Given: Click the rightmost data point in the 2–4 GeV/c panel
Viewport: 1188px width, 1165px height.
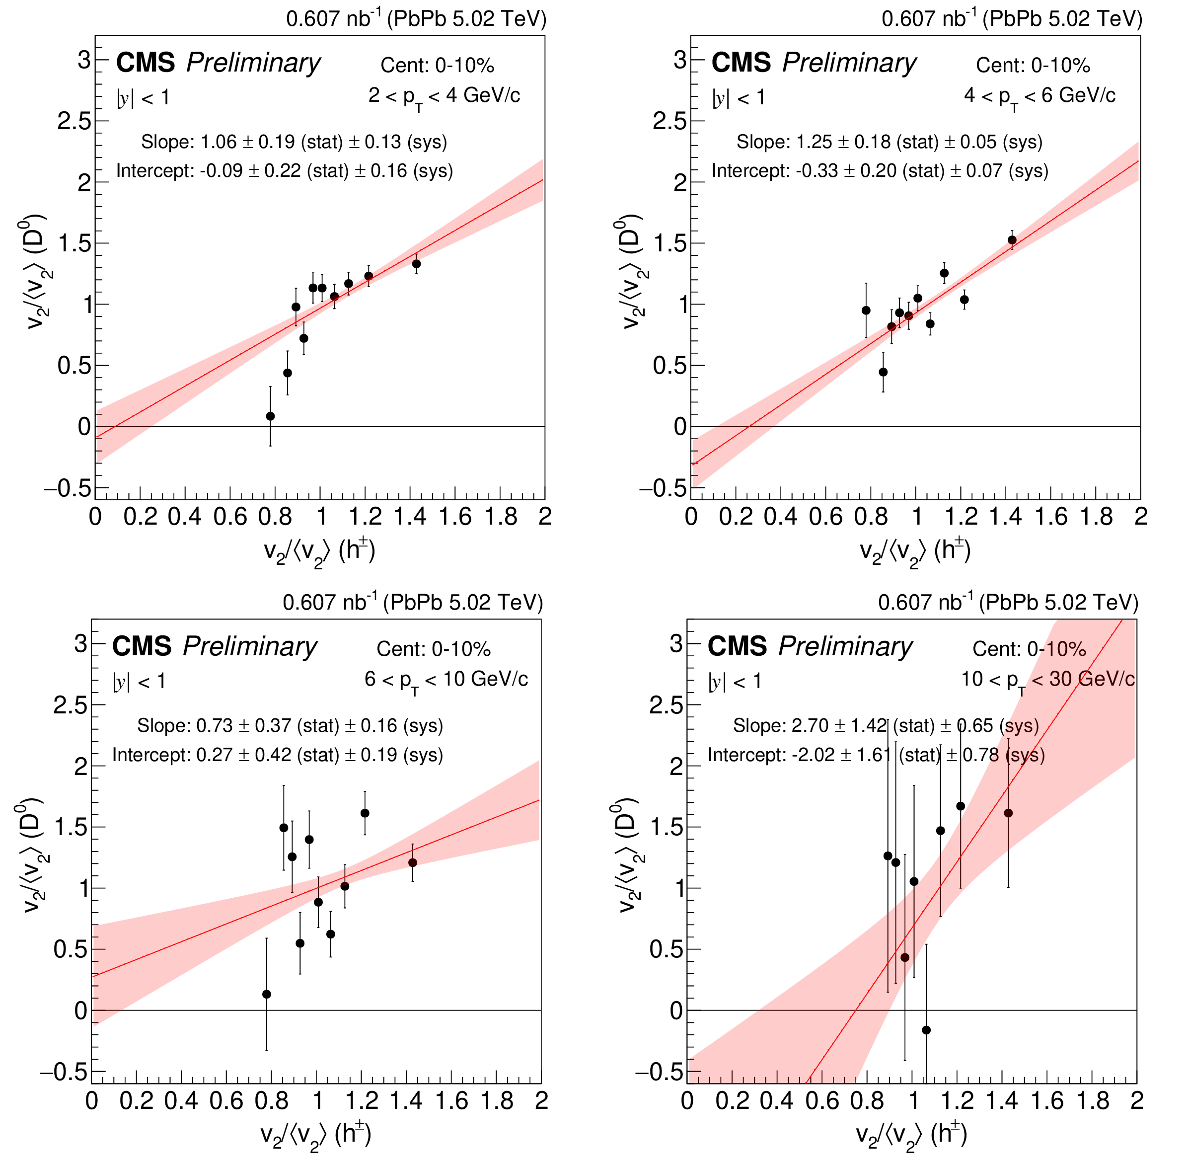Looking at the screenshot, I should coord(416,264).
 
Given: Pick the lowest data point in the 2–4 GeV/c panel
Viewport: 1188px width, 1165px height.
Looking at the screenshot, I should coord(270,416).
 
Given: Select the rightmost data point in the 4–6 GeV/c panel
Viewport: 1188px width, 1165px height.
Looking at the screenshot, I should coord(1012,240).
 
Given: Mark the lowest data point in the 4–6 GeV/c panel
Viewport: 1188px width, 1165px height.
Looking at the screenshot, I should coord(883,372).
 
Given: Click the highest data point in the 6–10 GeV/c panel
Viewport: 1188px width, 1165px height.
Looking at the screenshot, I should coord(365,813).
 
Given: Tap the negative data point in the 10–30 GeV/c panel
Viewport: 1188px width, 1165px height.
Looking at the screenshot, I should coord(926,1030).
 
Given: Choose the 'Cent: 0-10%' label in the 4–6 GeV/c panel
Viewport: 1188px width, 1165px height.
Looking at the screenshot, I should coord(1033,66).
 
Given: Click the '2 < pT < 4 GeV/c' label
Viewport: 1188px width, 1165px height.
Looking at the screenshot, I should coord(444,96).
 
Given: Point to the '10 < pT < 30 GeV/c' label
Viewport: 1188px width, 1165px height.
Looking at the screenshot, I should coord(1047,680).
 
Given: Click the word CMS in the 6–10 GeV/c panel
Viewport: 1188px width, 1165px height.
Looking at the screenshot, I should coord(142,647).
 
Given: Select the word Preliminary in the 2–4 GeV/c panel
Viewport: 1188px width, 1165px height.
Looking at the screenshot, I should coord(253,63).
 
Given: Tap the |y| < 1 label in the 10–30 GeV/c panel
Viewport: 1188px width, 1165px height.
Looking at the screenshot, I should coord(735,682).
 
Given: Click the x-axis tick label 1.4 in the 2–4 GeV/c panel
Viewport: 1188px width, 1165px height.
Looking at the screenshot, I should coord(410,517).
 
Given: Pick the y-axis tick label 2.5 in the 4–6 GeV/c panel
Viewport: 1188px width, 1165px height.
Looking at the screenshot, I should coord(670,121).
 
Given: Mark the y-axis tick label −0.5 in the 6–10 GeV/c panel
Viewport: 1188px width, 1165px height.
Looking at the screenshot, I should coord(64,1072).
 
